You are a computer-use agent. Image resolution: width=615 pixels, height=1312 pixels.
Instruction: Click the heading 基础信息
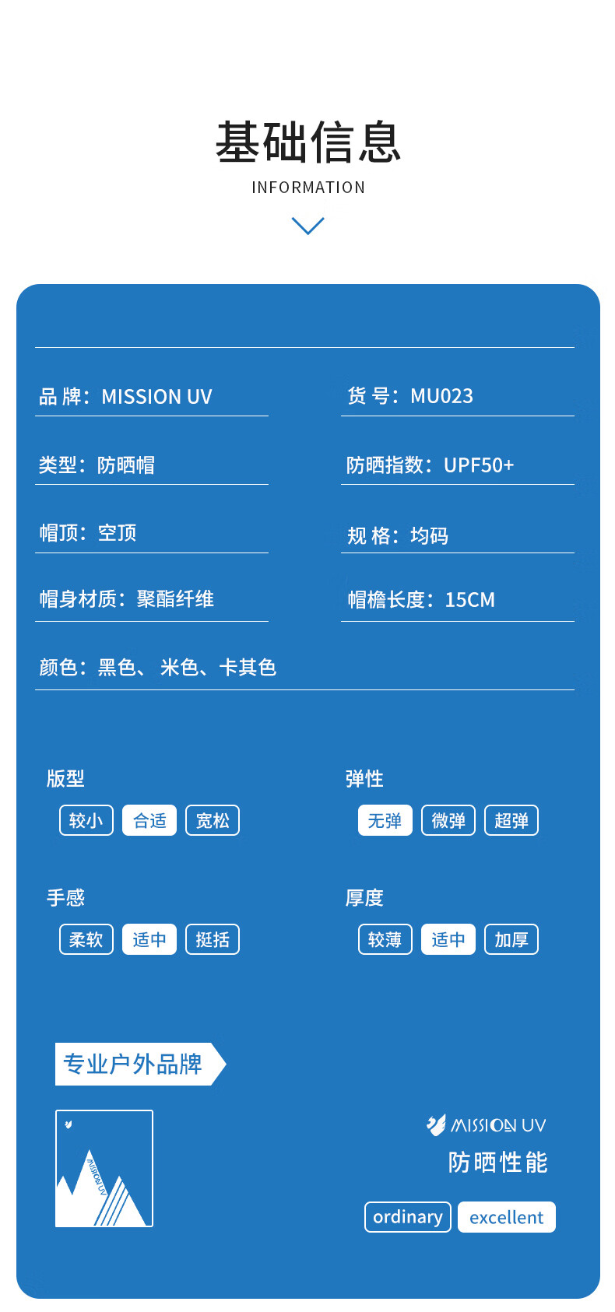coord(308,143)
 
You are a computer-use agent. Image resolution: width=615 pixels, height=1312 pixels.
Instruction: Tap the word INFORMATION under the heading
coord(308,188)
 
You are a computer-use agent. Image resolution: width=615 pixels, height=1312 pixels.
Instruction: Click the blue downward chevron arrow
coord(307,226)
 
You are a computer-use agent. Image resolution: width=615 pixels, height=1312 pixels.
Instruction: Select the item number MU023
coord(441,396)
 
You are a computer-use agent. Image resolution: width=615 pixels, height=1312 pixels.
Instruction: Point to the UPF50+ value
coord(479,465)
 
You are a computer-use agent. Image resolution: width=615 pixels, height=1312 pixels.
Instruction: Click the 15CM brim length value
coord(469,600)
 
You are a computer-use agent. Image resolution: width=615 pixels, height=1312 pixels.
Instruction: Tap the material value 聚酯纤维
coord(175,599)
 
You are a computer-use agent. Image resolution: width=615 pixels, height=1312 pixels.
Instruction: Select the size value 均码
coord(429,536)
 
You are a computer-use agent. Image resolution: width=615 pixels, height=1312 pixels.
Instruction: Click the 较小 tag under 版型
coord(86,820)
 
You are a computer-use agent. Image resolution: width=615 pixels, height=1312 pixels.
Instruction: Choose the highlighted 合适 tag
coord(149,820)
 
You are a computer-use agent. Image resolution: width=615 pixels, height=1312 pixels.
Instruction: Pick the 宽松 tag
coord(213,820)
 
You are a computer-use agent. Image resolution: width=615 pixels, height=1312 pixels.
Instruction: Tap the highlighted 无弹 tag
coord(385,820)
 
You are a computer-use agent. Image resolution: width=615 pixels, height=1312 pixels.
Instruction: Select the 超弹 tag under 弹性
coord(511,820)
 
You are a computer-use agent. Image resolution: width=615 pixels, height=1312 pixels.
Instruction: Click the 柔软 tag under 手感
coord(86,939)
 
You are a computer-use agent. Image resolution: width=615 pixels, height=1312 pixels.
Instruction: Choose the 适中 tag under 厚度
coord(448,939)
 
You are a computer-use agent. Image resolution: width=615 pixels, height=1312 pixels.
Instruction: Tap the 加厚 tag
coord(511,939)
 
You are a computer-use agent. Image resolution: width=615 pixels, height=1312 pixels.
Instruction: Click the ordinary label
coord(408,1217)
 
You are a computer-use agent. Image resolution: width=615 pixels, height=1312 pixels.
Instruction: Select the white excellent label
coord(507,1217)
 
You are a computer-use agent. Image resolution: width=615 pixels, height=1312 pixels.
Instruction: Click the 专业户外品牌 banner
coord(136,1064)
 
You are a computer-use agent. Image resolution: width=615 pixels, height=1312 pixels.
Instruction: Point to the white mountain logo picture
coord(104,1169)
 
